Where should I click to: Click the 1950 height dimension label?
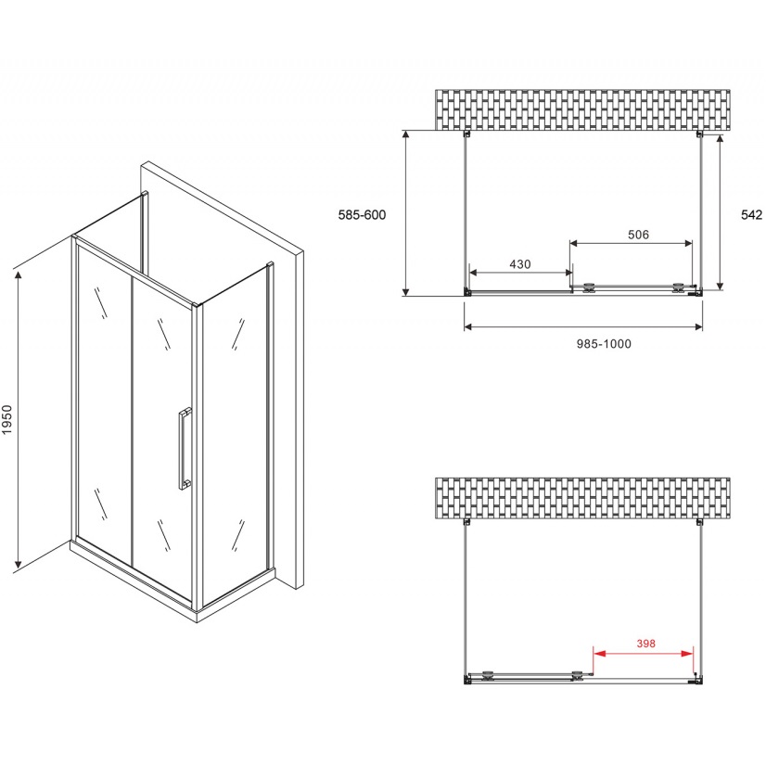click(x=6, y=420)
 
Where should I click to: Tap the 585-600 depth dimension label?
click(x=362, y=215)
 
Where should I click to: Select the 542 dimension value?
click(x=751, y=215)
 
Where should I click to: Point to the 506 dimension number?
click(x=639, y=235)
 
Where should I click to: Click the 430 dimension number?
click(x=519, y=264)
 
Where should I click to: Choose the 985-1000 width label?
click(x=604, y=344)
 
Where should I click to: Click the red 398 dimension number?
click(x=645, y=644)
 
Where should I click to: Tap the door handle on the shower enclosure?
click(x=185, y=449)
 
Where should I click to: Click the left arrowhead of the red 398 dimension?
click(x=599, y=653)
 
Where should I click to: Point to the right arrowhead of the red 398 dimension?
click(x=687, y=653)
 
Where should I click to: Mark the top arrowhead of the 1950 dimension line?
click(x=19, y=275)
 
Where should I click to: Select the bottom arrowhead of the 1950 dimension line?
click(x=19, y=564)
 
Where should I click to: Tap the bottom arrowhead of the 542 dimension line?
click(x=720, y=284)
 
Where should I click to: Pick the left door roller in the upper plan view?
click(x=590, y=287)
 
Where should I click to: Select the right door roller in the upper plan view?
click(x=679, y=287)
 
